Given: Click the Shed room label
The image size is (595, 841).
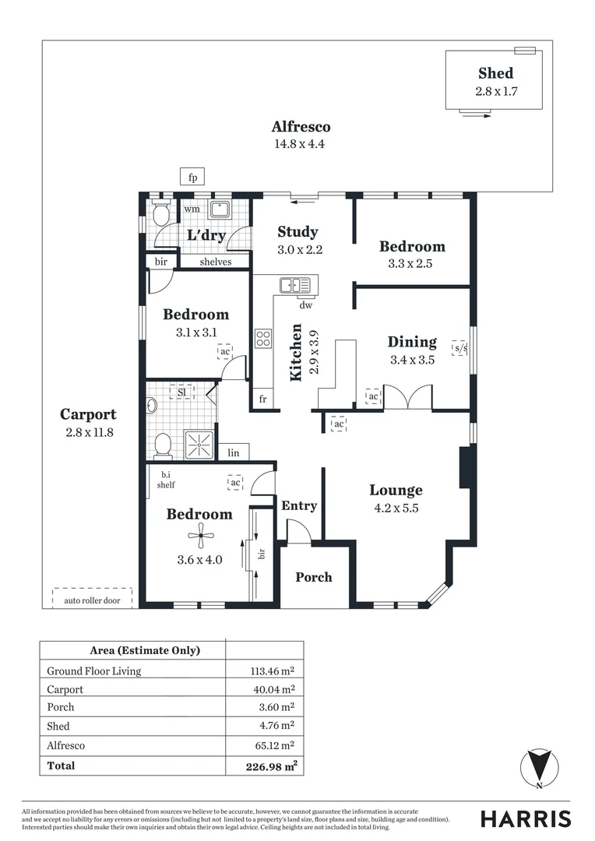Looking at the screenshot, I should (495, 73).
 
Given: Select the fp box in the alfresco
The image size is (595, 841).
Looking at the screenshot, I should (192, 177).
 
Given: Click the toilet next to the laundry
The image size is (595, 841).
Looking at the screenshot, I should (161, 214).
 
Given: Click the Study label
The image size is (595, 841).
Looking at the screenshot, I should (297, 231).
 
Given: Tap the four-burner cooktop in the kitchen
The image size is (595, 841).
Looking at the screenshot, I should (263, 338).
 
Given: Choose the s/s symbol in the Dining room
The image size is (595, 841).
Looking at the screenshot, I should (460, 348).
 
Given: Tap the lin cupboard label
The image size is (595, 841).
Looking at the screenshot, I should (234, 452).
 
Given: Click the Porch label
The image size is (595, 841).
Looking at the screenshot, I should (313, 577).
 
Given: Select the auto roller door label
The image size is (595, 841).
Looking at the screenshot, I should (92, 600).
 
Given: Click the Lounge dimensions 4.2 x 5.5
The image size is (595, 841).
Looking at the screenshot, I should (396, 508).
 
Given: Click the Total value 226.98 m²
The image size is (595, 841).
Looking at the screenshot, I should (271, 766).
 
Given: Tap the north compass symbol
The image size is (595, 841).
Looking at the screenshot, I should (537, 766).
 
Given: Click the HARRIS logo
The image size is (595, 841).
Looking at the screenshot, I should (526, 818).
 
